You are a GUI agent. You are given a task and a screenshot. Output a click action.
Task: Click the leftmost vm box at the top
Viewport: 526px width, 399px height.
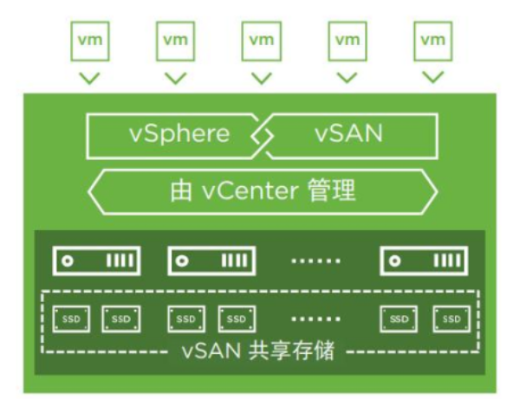coord(89,41)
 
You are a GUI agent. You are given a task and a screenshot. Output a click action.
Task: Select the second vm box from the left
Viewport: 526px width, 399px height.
coord(175,41)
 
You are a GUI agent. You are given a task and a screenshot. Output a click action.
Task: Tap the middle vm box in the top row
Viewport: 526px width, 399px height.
coord(261,41)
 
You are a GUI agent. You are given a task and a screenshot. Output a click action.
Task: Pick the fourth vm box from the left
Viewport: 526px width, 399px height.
coord(347,41)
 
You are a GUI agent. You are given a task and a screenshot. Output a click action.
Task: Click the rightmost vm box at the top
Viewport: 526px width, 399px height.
coord(432,41)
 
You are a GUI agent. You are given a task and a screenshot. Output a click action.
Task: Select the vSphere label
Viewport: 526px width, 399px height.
coord(179,134)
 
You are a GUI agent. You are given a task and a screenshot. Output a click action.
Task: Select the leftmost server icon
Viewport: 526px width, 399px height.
coord(97,260)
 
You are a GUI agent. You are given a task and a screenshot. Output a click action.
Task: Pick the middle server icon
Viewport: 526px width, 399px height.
coord(211,260)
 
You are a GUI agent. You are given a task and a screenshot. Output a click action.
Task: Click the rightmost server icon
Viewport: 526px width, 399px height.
coord(425,260)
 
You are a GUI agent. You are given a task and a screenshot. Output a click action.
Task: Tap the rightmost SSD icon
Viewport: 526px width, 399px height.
coord(451,319)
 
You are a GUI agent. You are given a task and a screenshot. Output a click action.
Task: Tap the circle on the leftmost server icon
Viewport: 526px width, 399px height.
coord(67,260)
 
